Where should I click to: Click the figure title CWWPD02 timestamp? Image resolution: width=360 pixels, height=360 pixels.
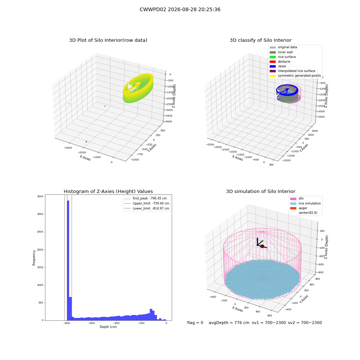coord(180,9)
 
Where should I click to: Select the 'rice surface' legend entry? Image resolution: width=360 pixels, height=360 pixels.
coord(282,57)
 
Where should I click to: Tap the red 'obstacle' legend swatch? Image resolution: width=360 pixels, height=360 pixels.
coord(273,62)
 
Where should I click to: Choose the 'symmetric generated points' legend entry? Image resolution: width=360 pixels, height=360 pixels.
coord(295,76)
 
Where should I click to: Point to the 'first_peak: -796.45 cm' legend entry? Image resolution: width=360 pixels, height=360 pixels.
coord(145,198)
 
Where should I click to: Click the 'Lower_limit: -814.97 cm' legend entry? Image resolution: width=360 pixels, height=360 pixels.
coord(147,208)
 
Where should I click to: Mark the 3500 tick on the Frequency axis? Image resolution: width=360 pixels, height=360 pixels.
coord(40,197)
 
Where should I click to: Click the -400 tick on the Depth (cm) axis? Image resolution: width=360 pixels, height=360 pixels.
coord(116,323)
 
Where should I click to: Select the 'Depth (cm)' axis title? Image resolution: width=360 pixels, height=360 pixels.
coord(108,327)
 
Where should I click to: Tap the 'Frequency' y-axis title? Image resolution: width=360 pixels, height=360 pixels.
coord(34,258)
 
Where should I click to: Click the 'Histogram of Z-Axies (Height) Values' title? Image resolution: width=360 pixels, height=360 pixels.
coord(108,192)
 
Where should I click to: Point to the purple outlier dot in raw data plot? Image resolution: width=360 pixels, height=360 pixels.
coord(86,141)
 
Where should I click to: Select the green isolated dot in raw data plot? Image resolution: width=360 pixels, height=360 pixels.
coord(105,106)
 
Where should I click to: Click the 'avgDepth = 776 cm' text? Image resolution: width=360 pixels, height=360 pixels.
coord(229,323)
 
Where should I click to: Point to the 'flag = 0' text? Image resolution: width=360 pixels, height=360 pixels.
coord(195,323)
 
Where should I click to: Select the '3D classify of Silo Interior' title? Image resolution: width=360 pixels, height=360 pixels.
coord(261,40)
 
